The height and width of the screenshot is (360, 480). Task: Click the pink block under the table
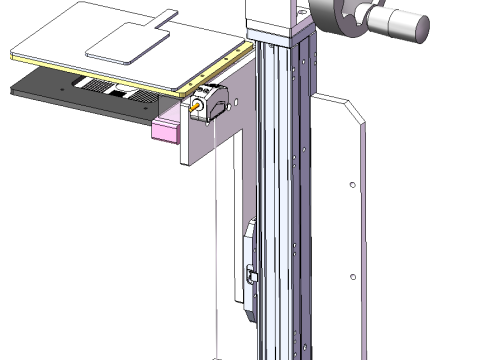pyautogui.click(x=164, y=129)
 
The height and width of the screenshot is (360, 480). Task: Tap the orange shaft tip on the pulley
pyautogui.click(x=197, y=102)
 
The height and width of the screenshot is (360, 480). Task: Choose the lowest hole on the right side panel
pyautogui.click(x=351, y=276)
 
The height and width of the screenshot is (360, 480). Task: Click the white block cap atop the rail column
pyautogui.click(x=270, y=15)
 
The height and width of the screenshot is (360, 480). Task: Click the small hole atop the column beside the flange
pyautogui.click(x=298, y=8)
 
